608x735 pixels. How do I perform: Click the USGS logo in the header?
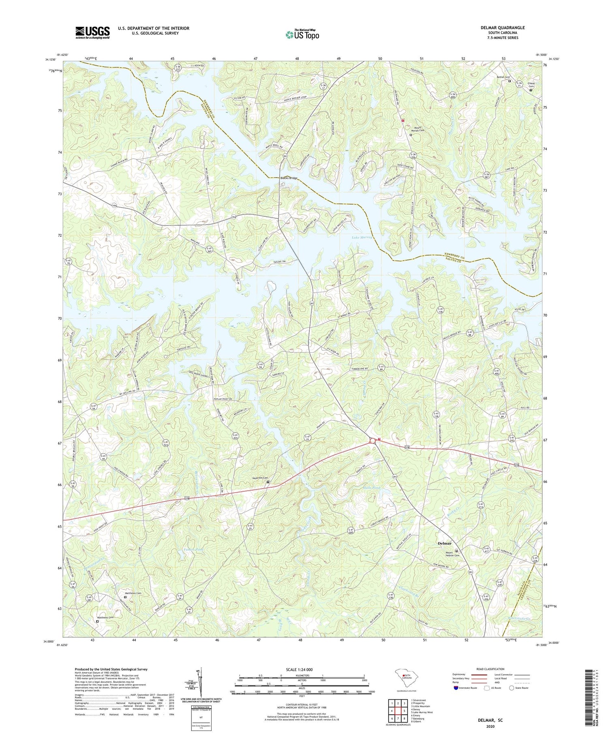click(x=92, y=32)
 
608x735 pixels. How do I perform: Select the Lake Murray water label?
click(x=362, y=237)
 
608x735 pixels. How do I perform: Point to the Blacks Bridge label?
click(x=289, y=178)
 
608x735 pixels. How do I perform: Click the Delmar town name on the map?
click(x=445, y=544)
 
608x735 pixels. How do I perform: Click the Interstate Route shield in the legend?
click(x=456, y=688)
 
